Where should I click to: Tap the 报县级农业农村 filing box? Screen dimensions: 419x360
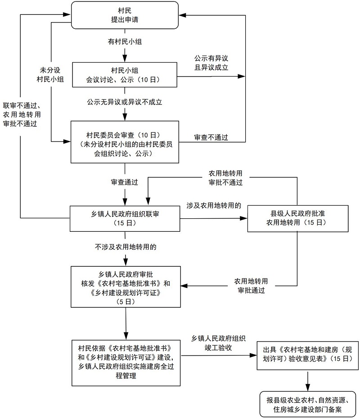(x=308, y=404)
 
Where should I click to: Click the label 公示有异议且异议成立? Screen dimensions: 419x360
(x=211, y=63)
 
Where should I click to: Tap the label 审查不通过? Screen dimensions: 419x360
(x=211, y=137)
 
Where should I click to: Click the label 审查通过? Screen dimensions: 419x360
(x=124, y=182)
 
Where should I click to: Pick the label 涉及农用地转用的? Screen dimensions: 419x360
(x=214, y=205)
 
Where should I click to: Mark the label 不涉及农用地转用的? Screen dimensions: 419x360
(x=125, y=247)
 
